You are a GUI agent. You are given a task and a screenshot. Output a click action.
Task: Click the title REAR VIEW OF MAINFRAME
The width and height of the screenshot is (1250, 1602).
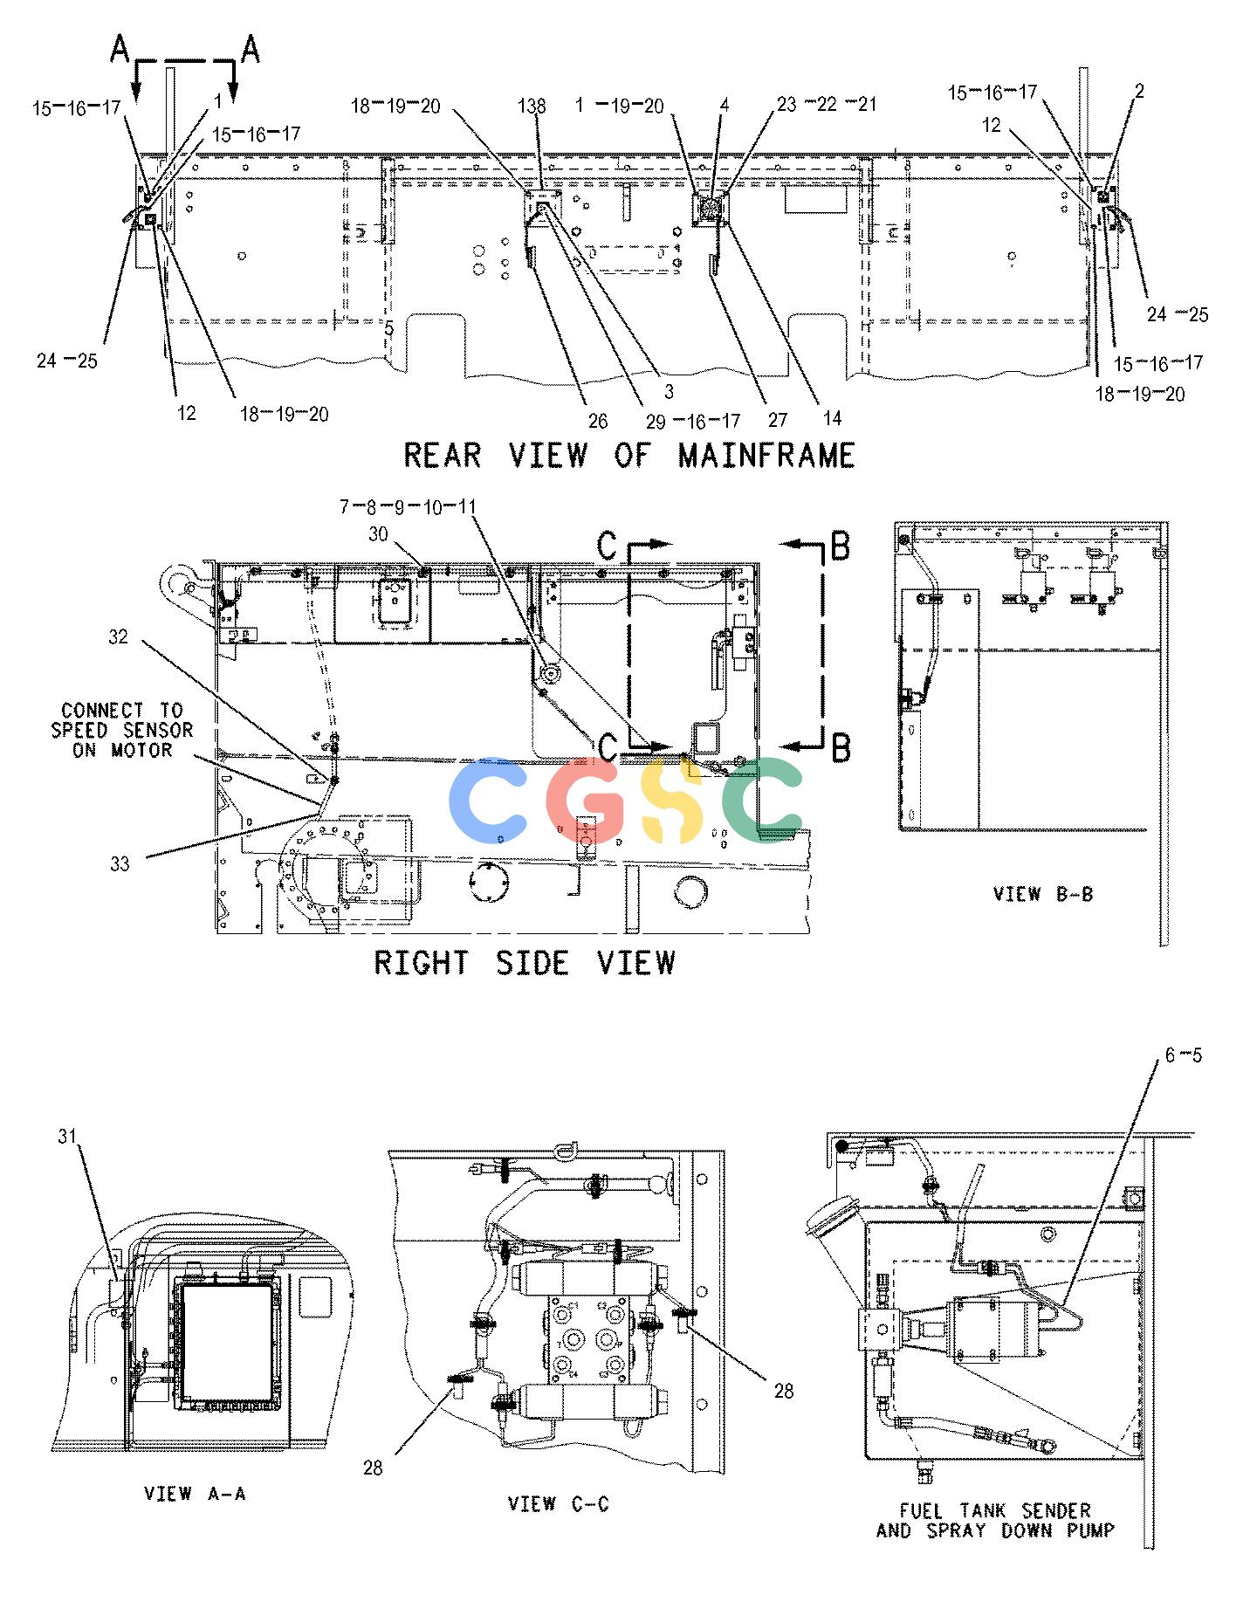pyautogui.click(x=629, y=455)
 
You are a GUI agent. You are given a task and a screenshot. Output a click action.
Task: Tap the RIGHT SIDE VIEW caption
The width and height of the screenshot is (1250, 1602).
pyautogui.click(x=525, y=962)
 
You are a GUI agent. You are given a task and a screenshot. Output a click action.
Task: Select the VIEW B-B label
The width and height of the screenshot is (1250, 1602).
pyautogui.click(x=1042, y=894)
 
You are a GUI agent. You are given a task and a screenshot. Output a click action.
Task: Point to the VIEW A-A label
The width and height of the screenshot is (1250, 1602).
pyautogui.click(x=195, y=1494)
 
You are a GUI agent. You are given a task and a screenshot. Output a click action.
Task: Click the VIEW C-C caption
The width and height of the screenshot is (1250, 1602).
pyautogui.click(x=559, y=1503)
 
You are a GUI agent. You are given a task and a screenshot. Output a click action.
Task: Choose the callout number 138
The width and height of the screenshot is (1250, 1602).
pyautogui.click(x=532, y=107)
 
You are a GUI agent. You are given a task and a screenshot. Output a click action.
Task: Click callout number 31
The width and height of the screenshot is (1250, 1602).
pyautogui.click(x=69, y=1136)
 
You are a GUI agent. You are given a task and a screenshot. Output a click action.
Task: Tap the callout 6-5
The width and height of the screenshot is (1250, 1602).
pyautogui.click(x=1183, y=1055)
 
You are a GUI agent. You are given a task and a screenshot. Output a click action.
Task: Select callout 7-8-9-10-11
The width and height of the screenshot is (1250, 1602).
pyautogui.click(x=409, y=507)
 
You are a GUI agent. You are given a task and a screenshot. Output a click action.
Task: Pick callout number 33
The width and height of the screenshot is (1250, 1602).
pyautogui.click(x=120, y=863)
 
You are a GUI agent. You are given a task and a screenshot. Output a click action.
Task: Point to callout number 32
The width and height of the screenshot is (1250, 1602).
pyautogui.click(x=118, y=637)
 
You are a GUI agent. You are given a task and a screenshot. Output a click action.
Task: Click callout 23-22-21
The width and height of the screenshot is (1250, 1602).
pyautogui.click(x=827, y=105)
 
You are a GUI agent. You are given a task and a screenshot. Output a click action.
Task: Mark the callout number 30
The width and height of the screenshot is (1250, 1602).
pyautogui.click(x=378, y=534)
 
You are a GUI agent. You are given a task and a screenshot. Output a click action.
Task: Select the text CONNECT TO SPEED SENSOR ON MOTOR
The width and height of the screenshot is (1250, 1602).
pyautogui.click(x=122, y=730)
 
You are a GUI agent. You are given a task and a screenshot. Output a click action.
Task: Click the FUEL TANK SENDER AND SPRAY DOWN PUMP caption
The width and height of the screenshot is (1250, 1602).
pyautogui.click(x=995, y=1520)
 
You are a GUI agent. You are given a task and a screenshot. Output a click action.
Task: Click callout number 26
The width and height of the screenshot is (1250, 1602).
pyautogui.click(x=598, y=422)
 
